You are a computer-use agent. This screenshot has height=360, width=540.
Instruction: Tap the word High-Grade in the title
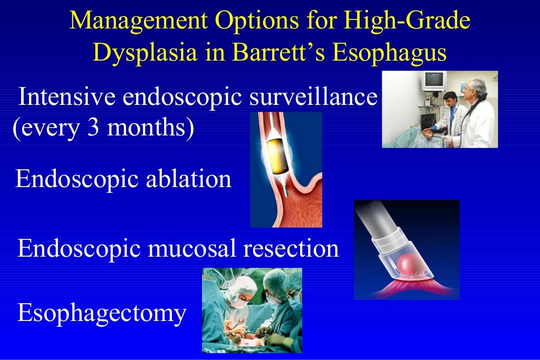pyautogui.click(x=407, y=21)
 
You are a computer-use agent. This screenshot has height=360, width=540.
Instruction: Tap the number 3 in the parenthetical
pyautogui.click(x=88, y=128)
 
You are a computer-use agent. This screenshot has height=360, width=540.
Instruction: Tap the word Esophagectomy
pyautogui.click(x=102, y=313)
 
